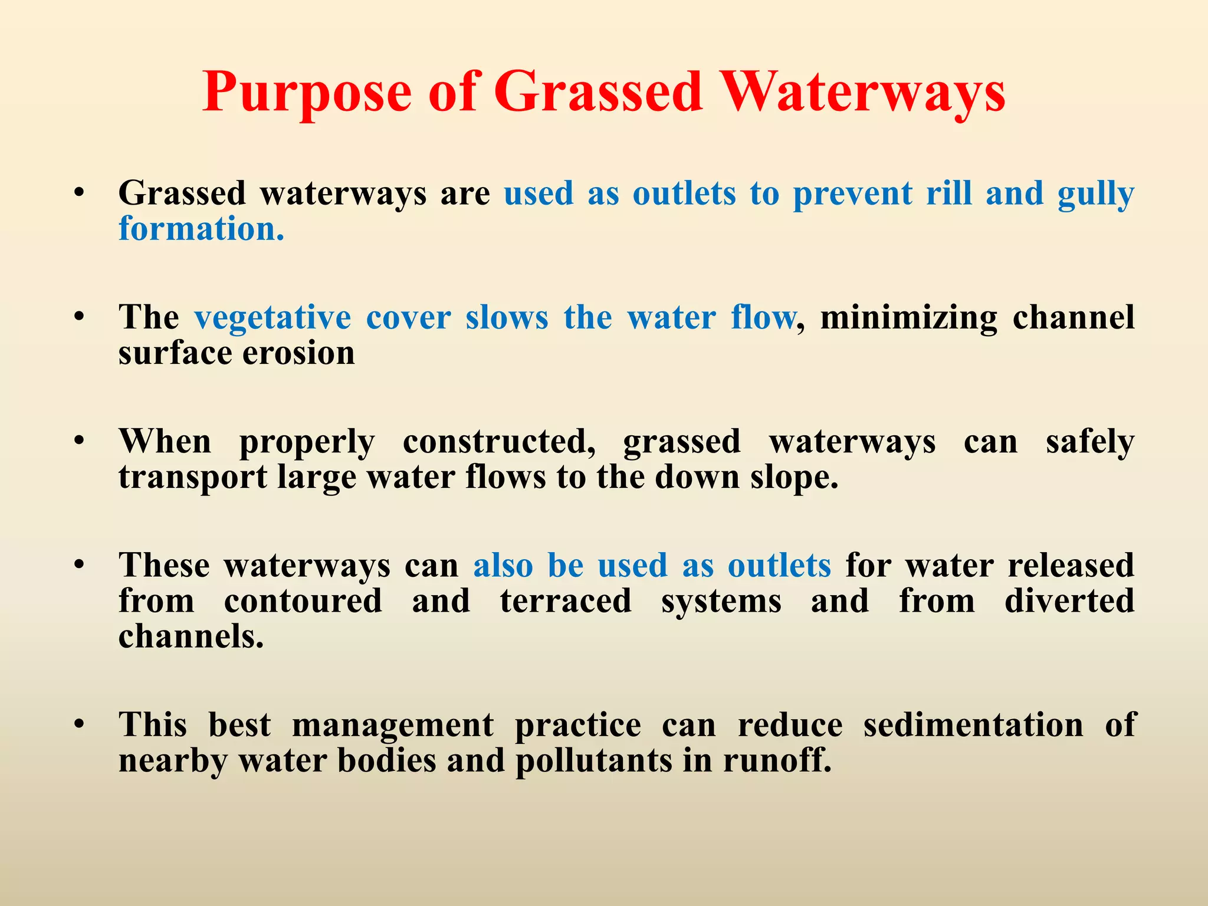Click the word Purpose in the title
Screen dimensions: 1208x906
(307, 93)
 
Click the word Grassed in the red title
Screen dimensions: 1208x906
(598, 93)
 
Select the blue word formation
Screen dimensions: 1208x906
(201, 229)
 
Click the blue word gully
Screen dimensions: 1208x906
(1095, 195)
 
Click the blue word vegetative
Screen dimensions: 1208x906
(273, 319)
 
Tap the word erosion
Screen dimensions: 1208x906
(298, 353)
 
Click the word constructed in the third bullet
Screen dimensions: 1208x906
(499, 442)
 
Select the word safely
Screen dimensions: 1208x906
(1090, 442)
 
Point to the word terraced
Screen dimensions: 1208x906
(566, 601)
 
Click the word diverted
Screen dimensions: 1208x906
(1069, 601)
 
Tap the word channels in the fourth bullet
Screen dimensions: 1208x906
(191, 636)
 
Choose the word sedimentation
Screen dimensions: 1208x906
(973, 725)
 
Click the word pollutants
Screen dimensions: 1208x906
(593, 760)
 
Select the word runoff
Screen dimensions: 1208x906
(777, 760)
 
